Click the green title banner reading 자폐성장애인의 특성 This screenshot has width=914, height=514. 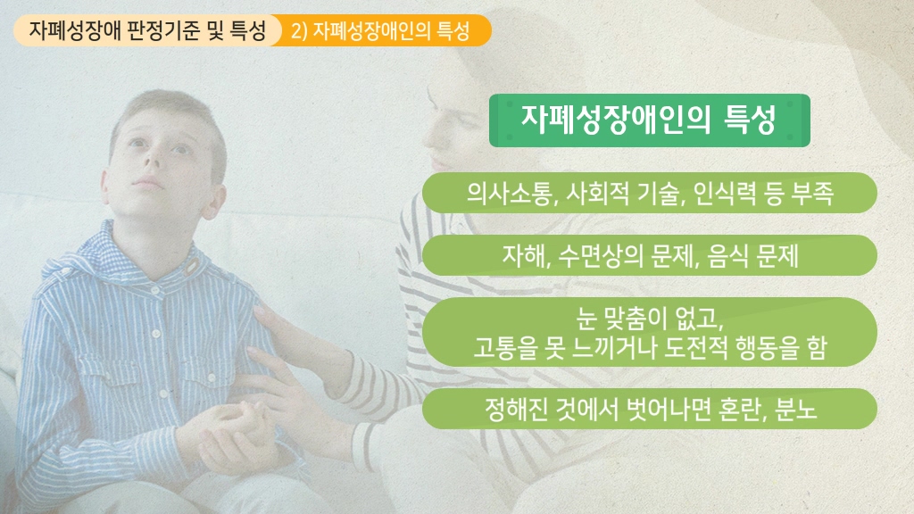[x=650, y=120]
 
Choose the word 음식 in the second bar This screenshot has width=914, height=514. [x=728, y=255]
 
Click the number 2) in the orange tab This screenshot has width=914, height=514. [x=299, y=30]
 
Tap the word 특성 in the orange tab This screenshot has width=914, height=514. [x=453, y=30]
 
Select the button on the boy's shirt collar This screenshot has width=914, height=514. [x=192, y=267]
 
